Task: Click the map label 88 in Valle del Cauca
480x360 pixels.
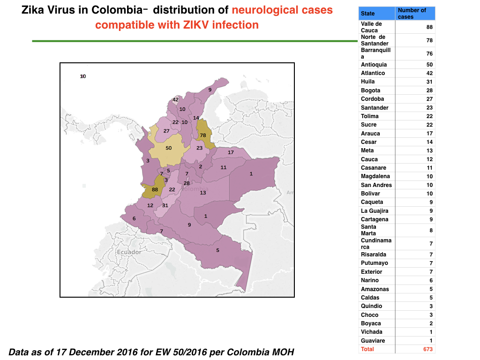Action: pos(155,189)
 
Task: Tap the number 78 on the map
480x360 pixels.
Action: pos(203,135)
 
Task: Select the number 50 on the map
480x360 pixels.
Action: pos(169,148)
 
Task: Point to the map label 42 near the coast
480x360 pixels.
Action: pos(175,99)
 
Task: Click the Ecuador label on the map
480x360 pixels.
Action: pos(129,252)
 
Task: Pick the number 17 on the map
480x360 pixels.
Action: pos(231,152)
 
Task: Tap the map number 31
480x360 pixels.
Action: pos(165,205)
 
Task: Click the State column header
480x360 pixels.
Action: pos(367,14)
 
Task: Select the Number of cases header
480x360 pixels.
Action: pos(412,14)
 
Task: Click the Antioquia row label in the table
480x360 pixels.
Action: pos(374,65)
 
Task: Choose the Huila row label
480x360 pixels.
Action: pos(367,82)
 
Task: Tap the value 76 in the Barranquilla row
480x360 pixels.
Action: pos(429,53)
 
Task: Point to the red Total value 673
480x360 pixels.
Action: pos(428,349)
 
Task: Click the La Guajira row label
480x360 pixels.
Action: pos(375,211)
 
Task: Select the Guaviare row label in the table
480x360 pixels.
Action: pos(373,341)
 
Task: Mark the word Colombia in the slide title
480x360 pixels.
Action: pos(117,10)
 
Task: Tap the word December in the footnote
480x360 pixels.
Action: pos(97,352)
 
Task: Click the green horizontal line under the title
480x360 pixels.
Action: pos(195,41)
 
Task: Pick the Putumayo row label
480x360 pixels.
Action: pos(375,263)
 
